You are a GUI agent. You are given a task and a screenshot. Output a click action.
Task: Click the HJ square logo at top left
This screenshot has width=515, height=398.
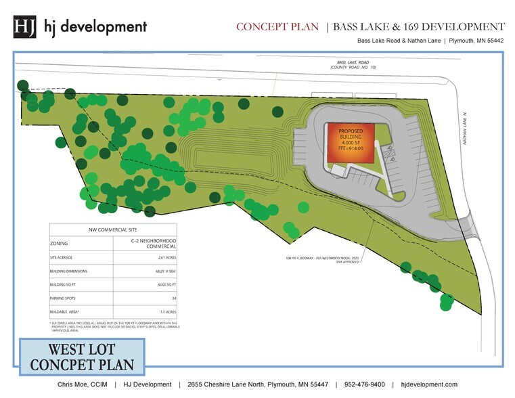(25, 27)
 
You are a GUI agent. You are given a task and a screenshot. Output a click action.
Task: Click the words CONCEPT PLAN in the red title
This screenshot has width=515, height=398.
(277, 27)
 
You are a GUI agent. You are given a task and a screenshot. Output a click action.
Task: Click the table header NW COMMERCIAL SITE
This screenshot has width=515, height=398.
(113, 229)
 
